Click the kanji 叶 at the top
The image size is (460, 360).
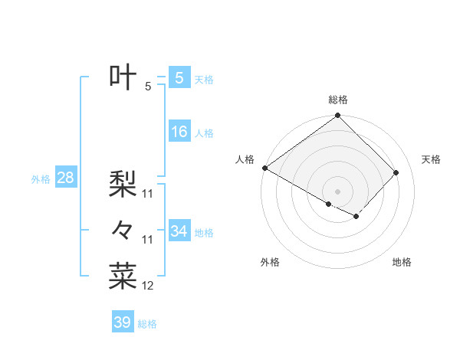[x=123, y=77]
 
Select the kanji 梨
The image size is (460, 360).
[x=123, y=184]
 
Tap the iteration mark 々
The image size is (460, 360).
[x=123, y=229]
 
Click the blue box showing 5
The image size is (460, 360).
[x=179, y=77]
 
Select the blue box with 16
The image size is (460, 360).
[x=179, y=132]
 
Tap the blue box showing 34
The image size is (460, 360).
[x=179, y=231]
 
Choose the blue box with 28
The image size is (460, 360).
[x=65, y=178]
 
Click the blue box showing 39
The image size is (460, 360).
[x=122, y=322]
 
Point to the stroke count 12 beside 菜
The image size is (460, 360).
[x=148, y=286]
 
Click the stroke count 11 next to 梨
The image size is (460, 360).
[x=148, y=194]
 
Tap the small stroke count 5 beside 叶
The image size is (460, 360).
[x=148, y=87]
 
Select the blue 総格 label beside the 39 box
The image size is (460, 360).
[x=147, y=324]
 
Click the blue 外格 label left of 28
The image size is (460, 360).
[x=41, y=179]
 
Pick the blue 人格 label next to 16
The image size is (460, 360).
[x=204, y=133]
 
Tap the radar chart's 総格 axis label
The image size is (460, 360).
[x=338, y=100]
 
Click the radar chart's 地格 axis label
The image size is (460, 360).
[x=402, y=263]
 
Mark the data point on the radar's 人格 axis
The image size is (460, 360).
[x=264, y=168]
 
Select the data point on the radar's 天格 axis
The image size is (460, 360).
[x=396, y=172]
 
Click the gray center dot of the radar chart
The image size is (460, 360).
[x=337, y=191]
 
